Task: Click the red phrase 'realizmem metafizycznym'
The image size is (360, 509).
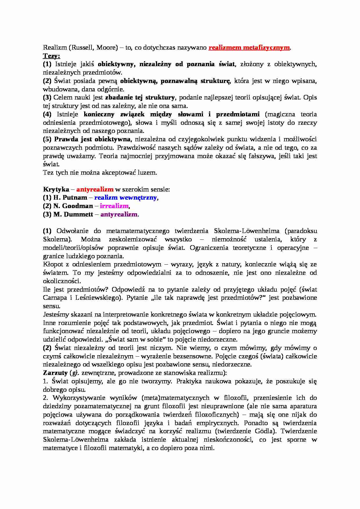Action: click(x=249, y=48)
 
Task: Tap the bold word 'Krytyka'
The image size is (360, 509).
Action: click(x=56, y=189)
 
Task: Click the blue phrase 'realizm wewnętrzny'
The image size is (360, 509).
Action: click(x=125, y=198)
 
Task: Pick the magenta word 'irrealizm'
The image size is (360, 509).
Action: click(x=114, y=206)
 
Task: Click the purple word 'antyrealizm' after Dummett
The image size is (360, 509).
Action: click(x=119, y=214)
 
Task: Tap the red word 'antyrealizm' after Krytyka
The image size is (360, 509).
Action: click(x=95, y=189)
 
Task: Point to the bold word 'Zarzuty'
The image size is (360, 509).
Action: click(x=55, y=373)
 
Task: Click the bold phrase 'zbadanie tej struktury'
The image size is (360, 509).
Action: click(x=140, y=98)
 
